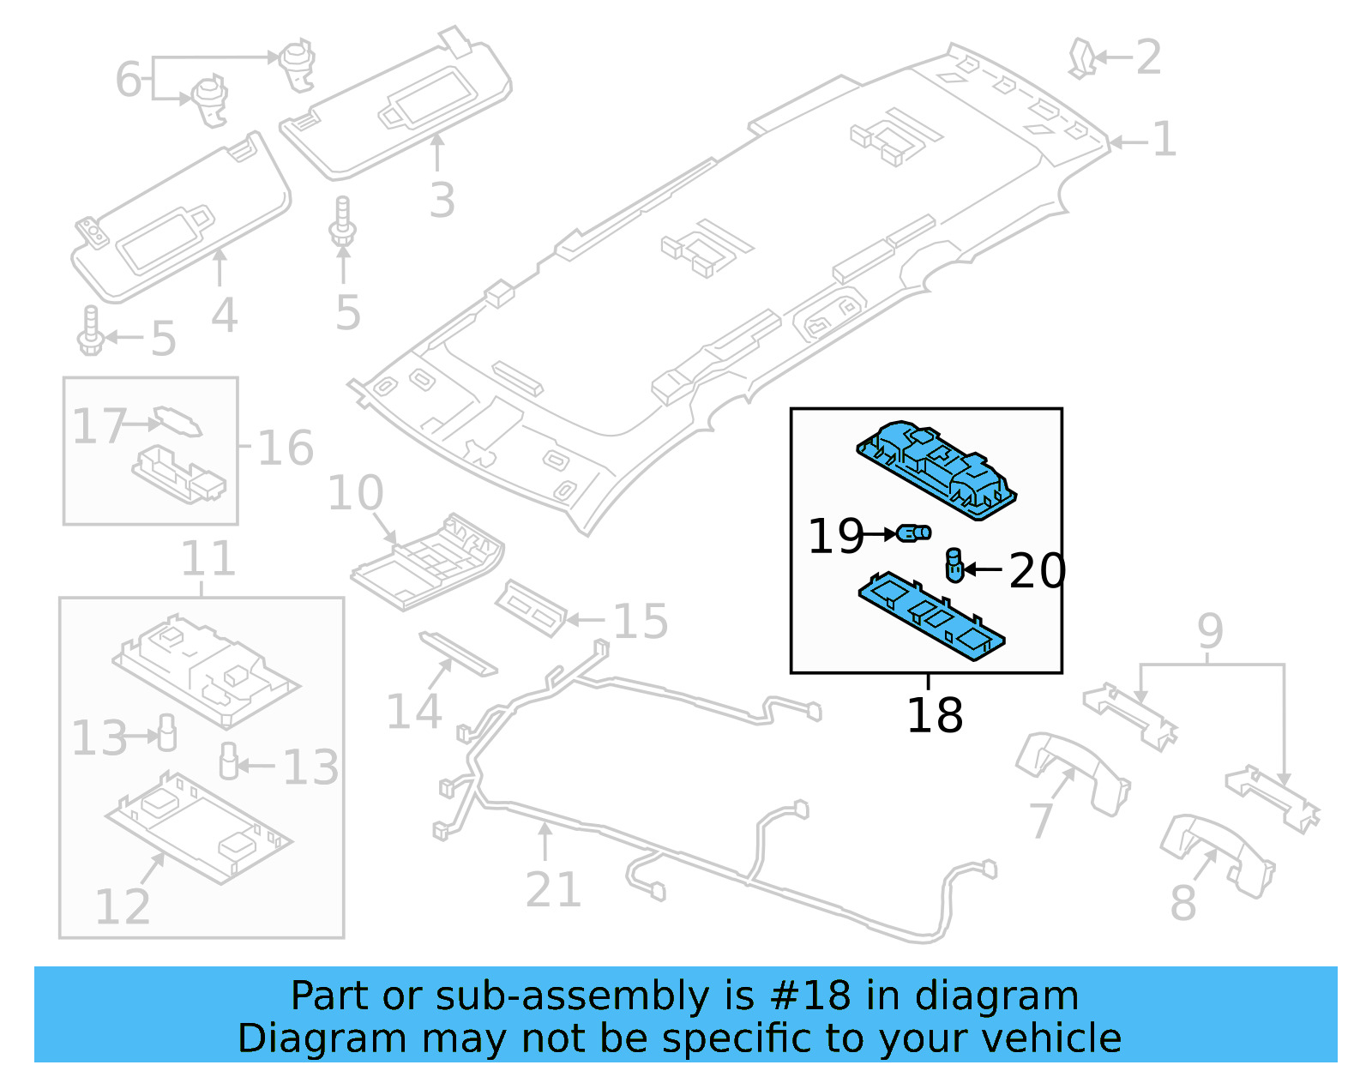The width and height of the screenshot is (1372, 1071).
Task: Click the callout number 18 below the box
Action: [935, 715]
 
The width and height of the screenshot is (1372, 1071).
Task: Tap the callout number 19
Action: [835, 536]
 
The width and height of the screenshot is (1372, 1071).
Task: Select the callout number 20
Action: [1037, 571]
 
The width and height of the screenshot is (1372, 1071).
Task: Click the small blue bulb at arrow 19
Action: [915, 533]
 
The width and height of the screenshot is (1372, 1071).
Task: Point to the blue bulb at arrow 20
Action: [954, 565]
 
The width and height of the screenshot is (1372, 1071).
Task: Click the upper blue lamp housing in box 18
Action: [937, 468]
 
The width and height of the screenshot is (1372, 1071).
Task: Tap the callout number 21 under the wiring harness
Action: [553, 889]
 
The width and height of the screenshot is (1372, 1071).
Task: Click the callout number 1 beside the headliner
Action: [1164, 139]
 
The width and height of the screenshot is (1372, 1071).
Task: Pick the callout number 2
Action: [1148, 57]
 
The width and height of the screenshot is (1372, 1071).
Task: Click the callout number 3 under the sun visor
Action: [442, 200]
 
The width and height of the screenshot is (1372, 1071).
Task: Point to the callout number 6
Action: [128, 80]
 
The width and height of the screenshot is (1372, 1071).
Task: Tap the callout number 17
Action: [99, 426]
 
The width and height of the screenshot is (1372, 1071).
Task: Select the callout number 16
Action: [286, 448]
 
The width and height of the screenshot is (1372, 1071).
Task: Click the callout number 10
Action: [355, 493]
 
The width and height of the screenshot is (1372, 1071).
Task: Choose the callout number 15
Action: [641, 622]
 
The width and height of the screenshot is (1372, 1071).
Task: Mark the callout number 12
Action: [122, 906]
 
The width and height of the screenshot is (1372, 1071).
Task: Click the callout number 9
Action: [1210, 632]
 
